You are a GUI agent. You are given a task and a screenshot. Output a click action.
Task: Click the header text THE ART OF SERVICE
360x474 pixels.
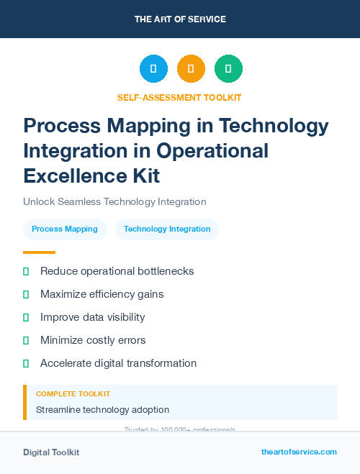coord(180,19)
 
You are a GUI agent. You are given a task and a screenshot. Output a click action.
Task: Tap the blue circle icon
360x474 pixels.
coord(153,69)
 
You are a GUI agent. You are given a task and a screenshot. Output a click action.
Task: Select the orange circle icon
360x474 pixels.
coord(191,69)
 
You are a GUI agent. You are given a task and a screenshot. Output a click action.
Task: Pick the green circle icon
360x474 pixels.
coord(228,69)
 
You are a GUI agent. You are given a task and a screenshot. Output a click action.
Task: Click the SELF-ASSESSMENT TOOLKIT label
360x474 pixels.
coord(179,97)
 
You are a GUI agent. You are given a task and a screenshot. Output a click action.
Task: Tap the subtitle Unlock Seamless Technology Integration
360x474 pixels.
coord(114,202)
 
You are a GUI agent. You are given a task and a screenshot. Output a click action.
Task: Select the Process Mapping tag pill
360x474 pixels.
coord(65,229)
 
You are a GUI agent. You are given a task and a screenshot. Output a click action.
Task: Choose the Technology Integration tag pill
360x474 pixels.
coord(167,229)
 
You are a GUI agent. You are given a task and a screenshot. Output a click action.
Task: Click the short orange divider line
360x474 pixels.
coord(39,252)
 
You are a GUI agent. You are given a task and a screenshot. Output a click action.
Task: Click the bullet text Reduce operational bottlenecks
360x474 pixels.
coord(117,271)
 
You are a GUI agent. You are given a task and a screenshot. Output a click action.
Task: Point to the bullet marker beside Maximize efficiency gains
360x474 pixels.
coord(26,294)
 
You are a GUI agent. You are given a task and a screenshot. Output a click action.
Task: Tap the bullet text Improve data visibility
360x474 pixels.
coord(92,317)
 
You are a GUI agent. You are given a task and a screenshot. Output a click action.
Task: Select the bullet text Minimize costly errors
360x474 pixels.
coord(93,340)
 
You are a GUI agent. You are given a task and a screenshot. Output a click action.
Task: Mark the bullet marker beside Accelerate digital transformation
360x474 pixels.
coord(26,363)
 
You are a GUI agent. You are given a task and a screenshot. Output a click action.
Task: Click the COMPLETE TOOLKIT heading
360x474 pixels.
coord(73,394)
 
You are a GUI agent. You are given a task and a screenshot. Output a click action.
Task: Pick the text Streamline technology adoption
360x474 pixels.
coord(102,410)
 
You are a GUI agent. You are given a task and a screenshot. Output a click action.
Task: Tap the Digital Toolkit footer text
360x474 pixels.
coord(51,452)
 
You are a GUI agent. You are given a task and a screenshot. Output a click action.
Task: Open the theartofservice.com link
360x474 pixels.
coord(299,452)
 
